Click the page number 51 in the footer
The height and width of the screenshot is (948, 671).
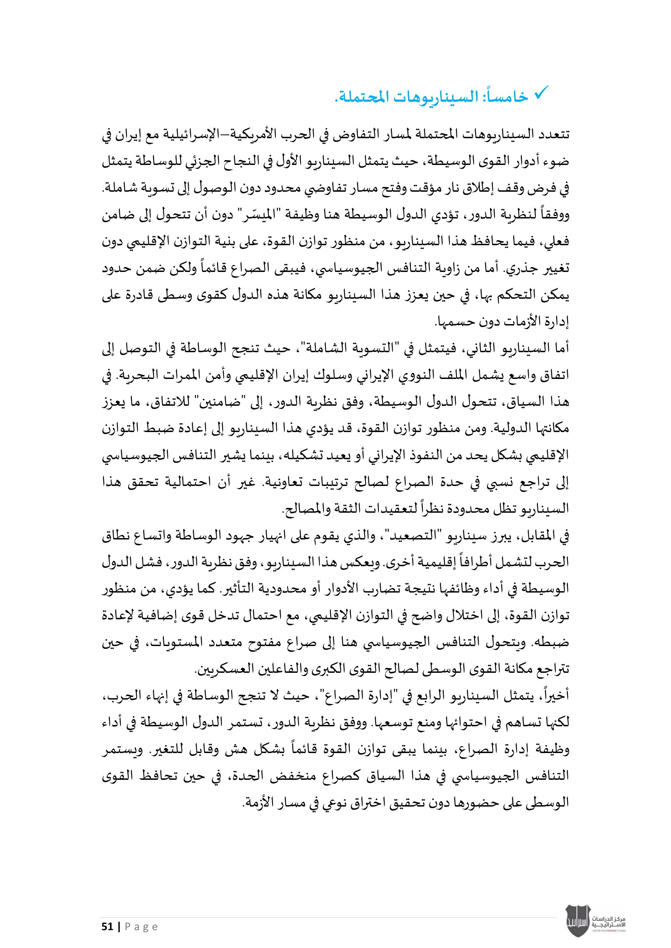tap(108, 927)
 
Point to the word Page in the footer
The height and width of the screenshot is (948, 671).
tap(141, 927)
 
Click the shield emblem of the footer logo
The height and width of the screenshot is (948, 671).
tap(577, 920)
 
